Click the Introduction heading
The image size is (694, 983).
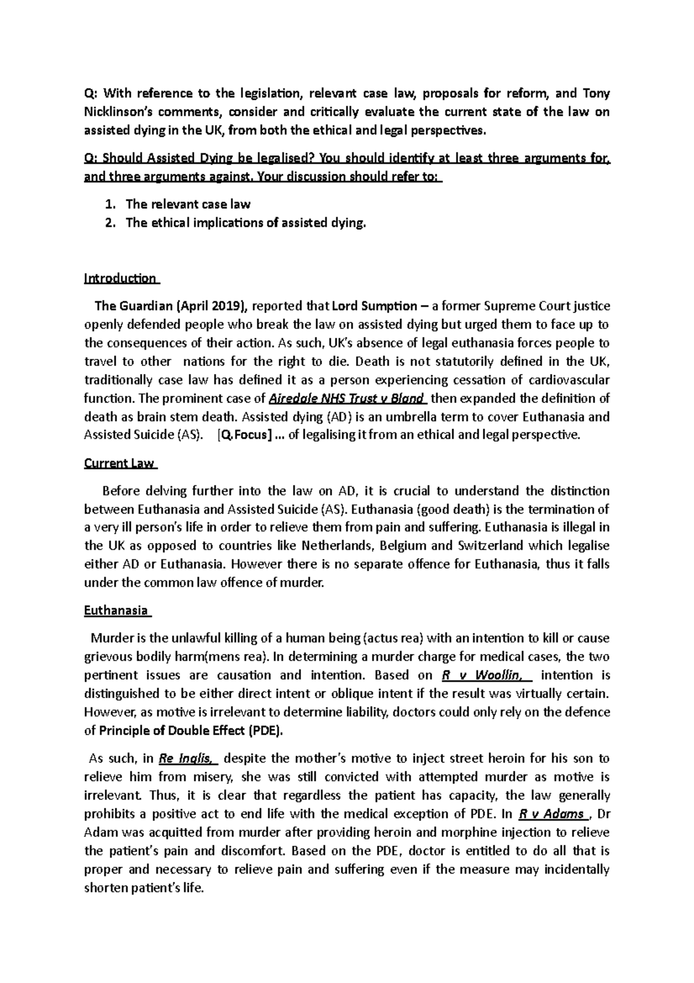coord(120,278)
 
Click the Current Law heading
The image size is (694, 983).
coord(119,463)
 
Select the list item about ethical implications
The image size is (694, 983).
coord(246,222)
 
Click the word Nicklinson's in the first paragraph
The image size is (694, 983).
coord(119,112)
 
